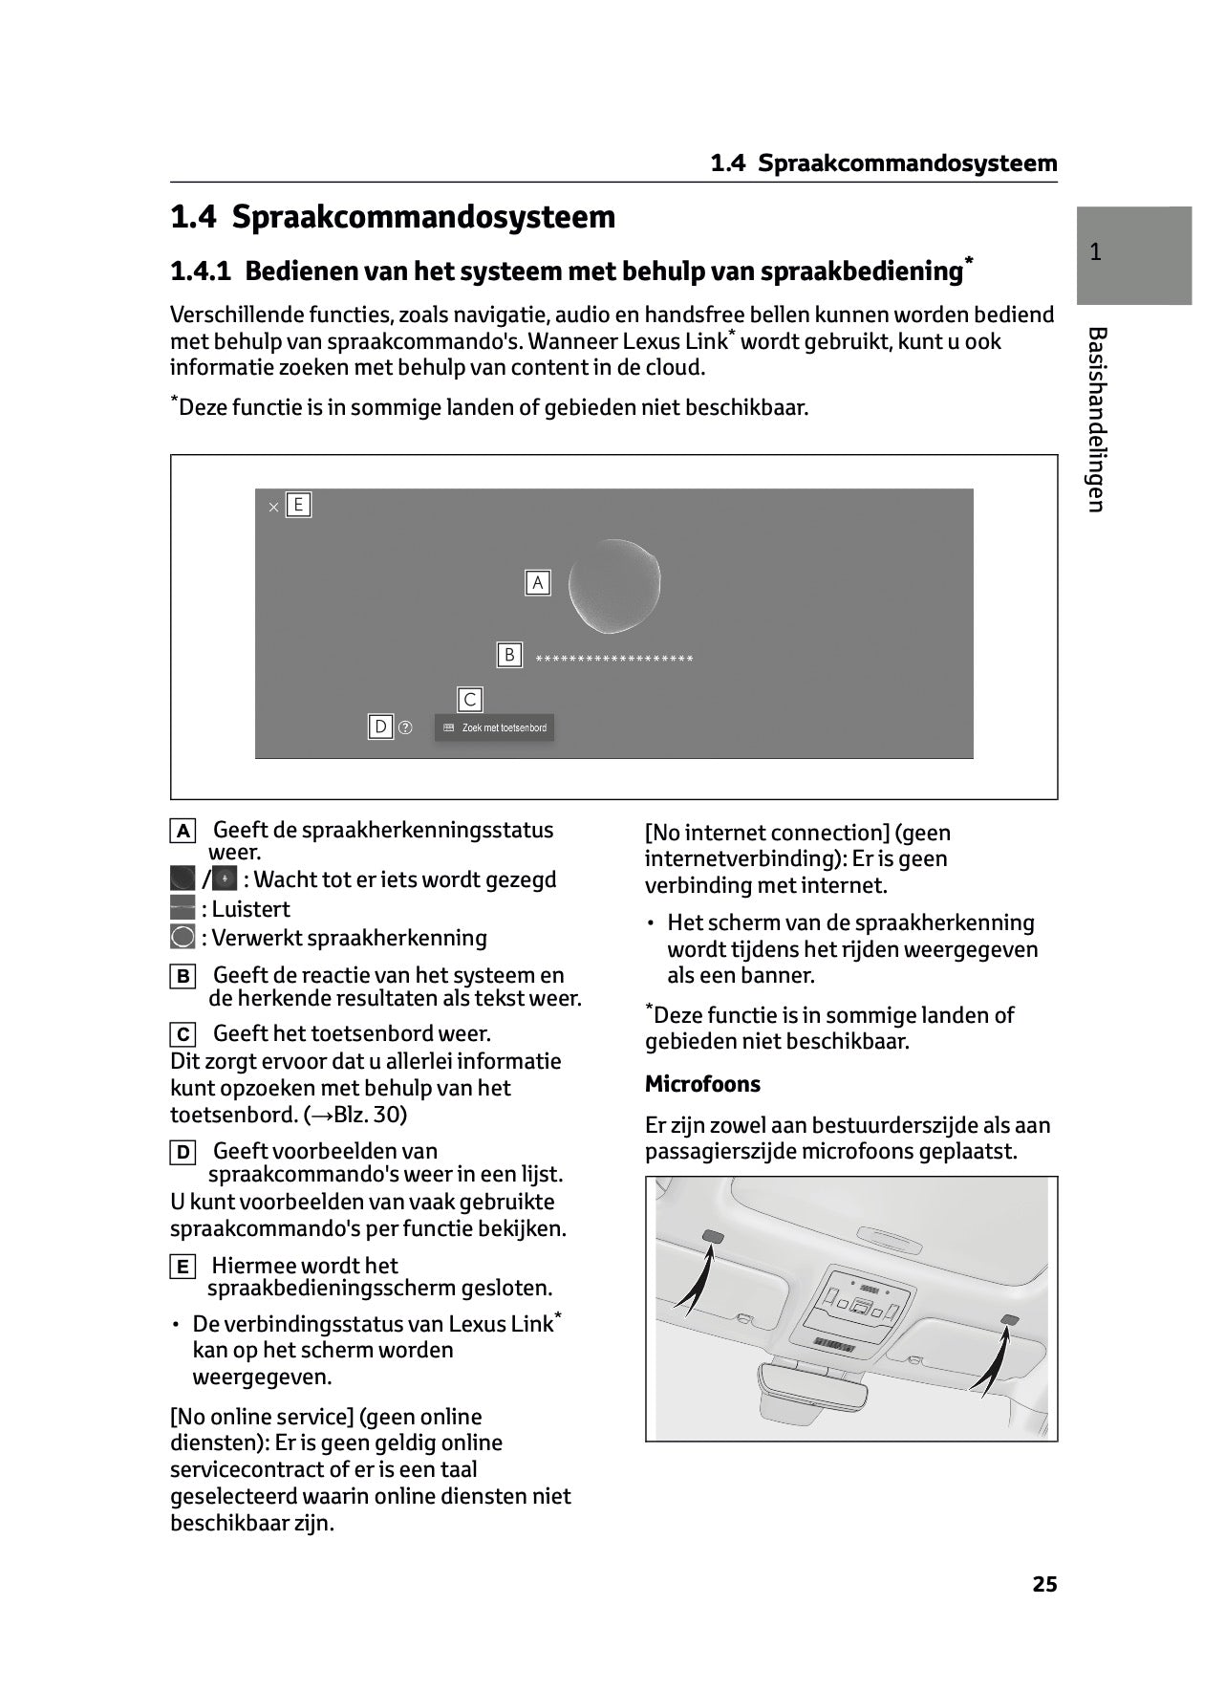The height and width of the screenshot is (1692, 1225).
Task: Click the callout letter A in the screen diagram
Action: (x=537, y=582)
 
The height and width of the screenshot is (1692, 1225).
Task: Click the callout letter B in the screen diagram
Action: (x=509, y=655)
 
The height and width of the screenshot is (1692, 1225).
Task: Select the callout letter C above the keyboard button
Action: (x=469, y=700)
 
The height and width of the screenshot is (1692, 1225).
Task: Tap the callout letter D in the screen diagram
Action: (x=380, y=727)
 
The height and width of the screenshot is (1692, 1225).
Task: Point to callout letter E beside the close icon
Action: (x=298, y=505)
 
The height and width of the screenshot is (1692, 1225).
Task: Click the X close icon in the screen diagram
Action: (x=273, y=508)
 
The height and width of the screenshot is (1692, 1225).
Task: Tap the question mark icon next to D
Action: (x=405, y=727)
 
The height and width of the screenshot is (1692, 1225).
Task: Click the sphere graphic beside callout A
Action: (x=613, y=586)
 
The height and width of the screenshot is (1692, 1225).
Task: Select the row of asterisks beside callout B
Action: (x=614, y=659)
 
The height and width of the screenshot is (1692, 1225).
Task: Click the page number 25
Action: (x=1044, y=1584)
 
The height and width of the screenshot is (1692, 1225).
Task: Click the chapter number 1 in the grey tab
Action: (x=1095, y=252)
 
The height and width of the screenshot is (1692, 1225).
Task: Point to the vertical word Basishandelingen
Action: (x=1096, y=420)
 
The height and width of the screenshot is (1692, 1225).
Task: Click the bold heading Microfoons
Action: (x=702, y=1084)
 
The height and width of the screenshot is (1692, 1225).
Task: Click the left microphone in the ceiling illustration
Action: (x=713, y=1237)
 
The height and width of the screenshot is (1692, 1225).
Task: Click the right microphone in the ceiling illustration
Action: (x=1009, y=1320)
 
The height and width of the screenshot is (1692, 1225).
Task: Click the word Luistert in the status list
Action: (x=250, y=909)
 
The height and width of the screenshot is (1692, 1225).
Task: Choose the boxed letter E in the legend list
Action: (x=182, y=1268)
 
